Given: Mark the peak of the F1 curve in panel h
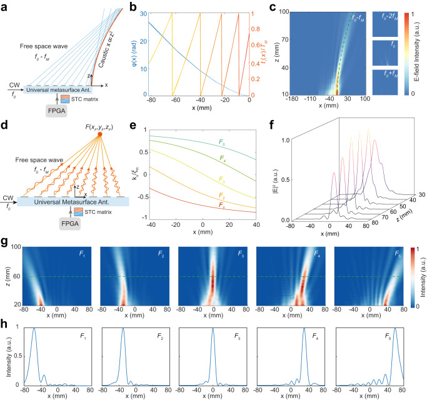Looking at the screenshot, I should click(34, 329).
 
